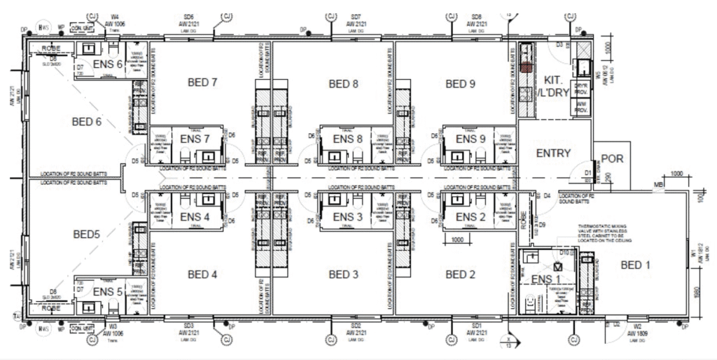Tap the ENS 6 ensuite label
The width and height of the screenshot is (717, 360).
(107, 64)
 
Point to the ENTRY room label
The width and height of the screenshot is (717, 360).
(553, 153)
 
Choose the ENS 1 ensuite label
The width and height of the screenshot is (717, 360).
(547, 279)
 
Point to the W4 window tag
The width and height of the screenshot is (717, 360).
(114, 15)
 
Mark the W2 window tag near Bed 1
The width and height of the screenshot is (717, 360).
(637, 326)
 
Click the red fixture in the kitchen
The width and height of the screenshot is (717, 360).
(527, 68)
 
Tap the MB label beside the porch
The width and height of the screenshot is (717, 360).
(658, 185)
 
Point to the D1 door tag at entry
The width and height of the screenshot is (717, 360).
(589, 172)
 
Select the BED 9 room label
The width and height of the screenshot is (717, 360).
(460, 84)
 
